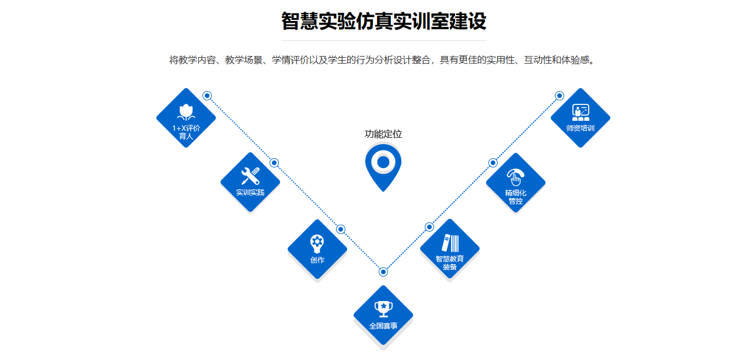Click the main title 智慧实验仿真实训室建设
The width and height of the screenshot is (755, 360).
tap(383, 22)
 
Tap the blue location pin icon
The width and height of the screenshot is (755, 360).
tap(383, 166)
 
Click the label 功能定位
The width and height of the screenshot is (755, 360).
tap(383, 134)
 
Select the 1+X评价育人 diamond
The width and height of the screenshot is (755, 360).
tap(186, 118)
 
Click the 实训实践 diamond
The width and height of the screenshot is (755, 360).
tap(250, 182)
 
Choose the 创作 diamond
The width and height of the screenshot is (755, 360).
tap(317, 249)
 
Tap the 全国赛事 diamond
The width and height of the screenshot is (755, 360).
tap(383, 315)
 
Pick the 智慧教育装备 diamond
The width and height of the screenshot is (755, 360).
tap(450, 249)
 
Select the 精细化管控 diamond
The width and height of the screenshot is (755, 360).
tap(516, 183)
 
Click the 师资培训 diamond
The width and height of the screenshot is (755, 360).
tap(581, 118)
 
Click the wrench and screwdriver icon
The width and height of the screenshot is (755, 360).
tap(250, 176)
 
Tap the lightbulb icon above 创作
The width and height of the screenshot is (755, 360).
tap(317, 243)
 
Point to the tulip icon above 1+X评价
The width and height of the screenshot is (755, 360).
tap(186, 111)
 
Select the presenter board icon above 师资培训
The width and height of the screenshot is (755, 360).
tap(581, 111)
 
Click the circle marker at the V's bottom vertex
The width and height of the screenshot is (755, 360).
tap(383, 272)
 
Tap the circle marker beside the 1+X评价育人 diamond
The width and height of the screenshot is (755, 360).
tap(207, 96)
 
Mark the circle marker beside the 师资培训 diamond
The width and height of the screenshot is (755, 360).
tap(560, 96)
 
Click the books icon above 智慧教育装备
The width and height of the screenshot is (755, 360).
tap(450, 243)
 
